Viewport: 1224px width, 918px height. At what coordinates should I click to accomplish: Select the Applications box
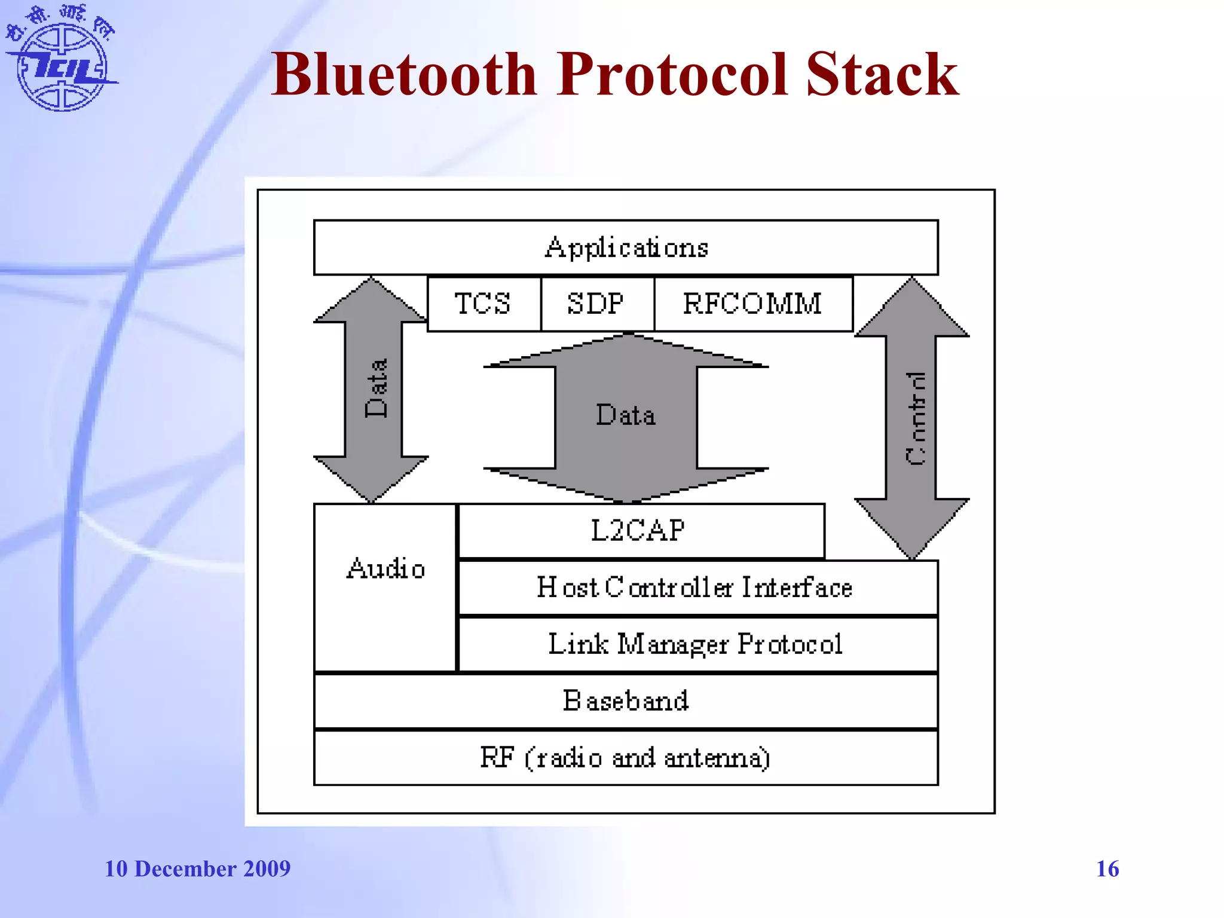[x=626, y=247]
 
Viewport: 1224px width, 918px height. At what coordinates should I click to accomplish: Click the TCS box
[x=484, y=304]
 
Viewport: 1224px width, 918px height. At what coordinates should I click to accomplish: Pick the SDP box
[x=596, y=304]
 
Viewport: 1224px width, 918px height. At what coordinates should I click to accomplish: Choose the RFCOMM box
[x=752, y=304]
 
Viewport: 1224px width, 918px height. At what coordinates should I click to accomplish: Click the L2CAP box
[x=639, y=531]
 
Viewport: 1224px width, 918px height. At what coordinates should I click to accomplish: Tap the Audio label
[x=385, y=569]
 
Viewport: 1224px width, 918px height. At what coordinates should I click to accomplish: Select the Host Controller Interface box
[x=696, y=587]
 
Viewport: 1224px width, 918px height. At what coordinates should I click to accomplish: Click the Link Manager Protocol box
[x=696, y=644]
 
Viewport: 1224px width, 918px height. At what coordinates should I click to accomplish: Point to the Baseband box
[x=626, y=701]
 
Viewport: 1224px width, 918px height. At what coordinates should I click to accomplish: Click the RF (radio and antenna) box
[x=626, y=758]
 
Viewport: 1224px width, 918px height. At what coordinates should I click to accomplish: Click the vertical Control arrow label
[x=914, y=418]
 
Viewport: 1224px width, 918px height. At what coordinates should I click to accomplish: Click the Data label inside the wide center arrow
[x=626, y=415]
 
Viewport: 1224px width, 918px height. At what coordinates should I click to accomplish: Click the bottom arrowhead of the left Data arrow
[x=371, y=478]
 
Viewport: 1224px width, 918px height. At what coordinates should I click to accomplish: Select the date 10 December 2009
[x=197, y=868]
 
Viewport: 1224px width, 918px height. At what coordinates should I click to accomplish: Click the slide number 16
[x=1107, y=868]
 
